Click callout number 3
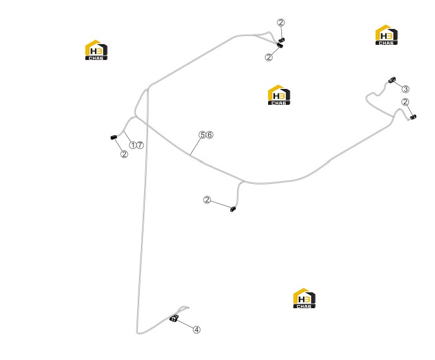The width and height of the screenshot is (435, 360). pyautogui.click(x=405, y=89)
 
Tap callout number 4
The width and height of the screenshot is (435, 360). pyautogui.click(x=197, y=330)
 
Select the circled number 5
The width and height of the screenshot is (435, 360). pyautogui.click(x=202, y=135)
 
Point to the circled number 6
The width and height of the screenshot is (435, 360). pyautogui.click(x=210, y=135)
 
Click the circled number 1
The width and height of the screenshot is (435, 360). pyautogui.click(x=133, y=145)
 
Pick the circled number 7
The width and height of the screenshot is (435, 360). pyautogui.click(x=140, y=145)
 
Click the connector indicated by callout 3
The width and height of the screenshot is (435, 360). pyautogui.click(x=392, y=80)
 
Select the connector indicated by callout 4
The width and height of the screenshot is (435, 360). pyautogui.click(x=174, y=318)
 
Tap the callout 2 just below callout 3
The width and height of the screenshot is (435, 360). pyautogui.click(x=405, y=102)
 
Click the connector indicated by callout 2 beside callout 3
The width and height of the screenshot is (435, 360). pyautogui.click(x=413, y=117)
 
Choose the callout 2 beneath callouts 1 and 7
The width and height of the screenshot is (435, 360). pyautogui.click(x=125, y=154)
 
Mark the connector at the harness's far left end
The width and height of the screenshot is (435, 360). pyautogui.click(x=113, y=137)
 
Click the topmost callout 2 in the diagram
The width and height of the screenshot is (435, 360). pyautogui.click(x=281, y=23)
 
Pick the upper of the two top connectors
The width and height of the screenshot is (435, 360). pyautogui.click(x=281, y=40)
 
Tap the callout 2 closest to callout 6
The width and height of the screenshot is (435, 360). pyautogui.click(x=207, y=200)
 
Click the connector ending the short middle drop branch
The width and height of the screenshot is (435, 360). pyautogui.click(x=233, y=209)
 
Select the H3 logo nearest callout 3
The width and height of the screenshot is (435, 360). pyautogui.click(x=386, y=35)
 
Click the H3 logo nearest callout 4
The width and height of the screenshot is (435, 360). pyautogui.click(x=304, y=298)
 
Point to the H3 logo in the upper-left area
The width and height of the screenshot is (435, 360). pyautogui.click(x=96, y=50)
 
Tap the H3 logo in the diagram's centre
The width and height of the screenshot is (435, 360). pyautogui.click(x=279, y=95)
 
